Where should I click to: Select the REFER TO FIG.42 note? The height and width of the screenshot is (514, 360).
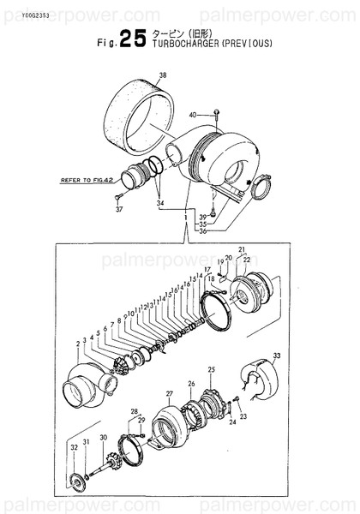[87, 182]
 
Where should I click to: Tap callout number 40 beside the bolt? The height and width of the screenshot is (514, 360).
[192, 114]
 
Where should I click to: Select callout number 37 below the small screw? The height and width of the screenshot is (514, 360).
[119, 209]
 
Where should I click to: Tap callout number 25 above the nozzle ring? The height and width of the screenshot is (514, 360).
[212, 369]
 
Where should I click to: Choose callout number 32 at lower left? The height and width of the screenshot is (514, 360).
[75, 447]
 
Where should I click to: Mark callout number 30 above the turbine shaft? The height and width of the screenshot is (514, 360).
[103, 438]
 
